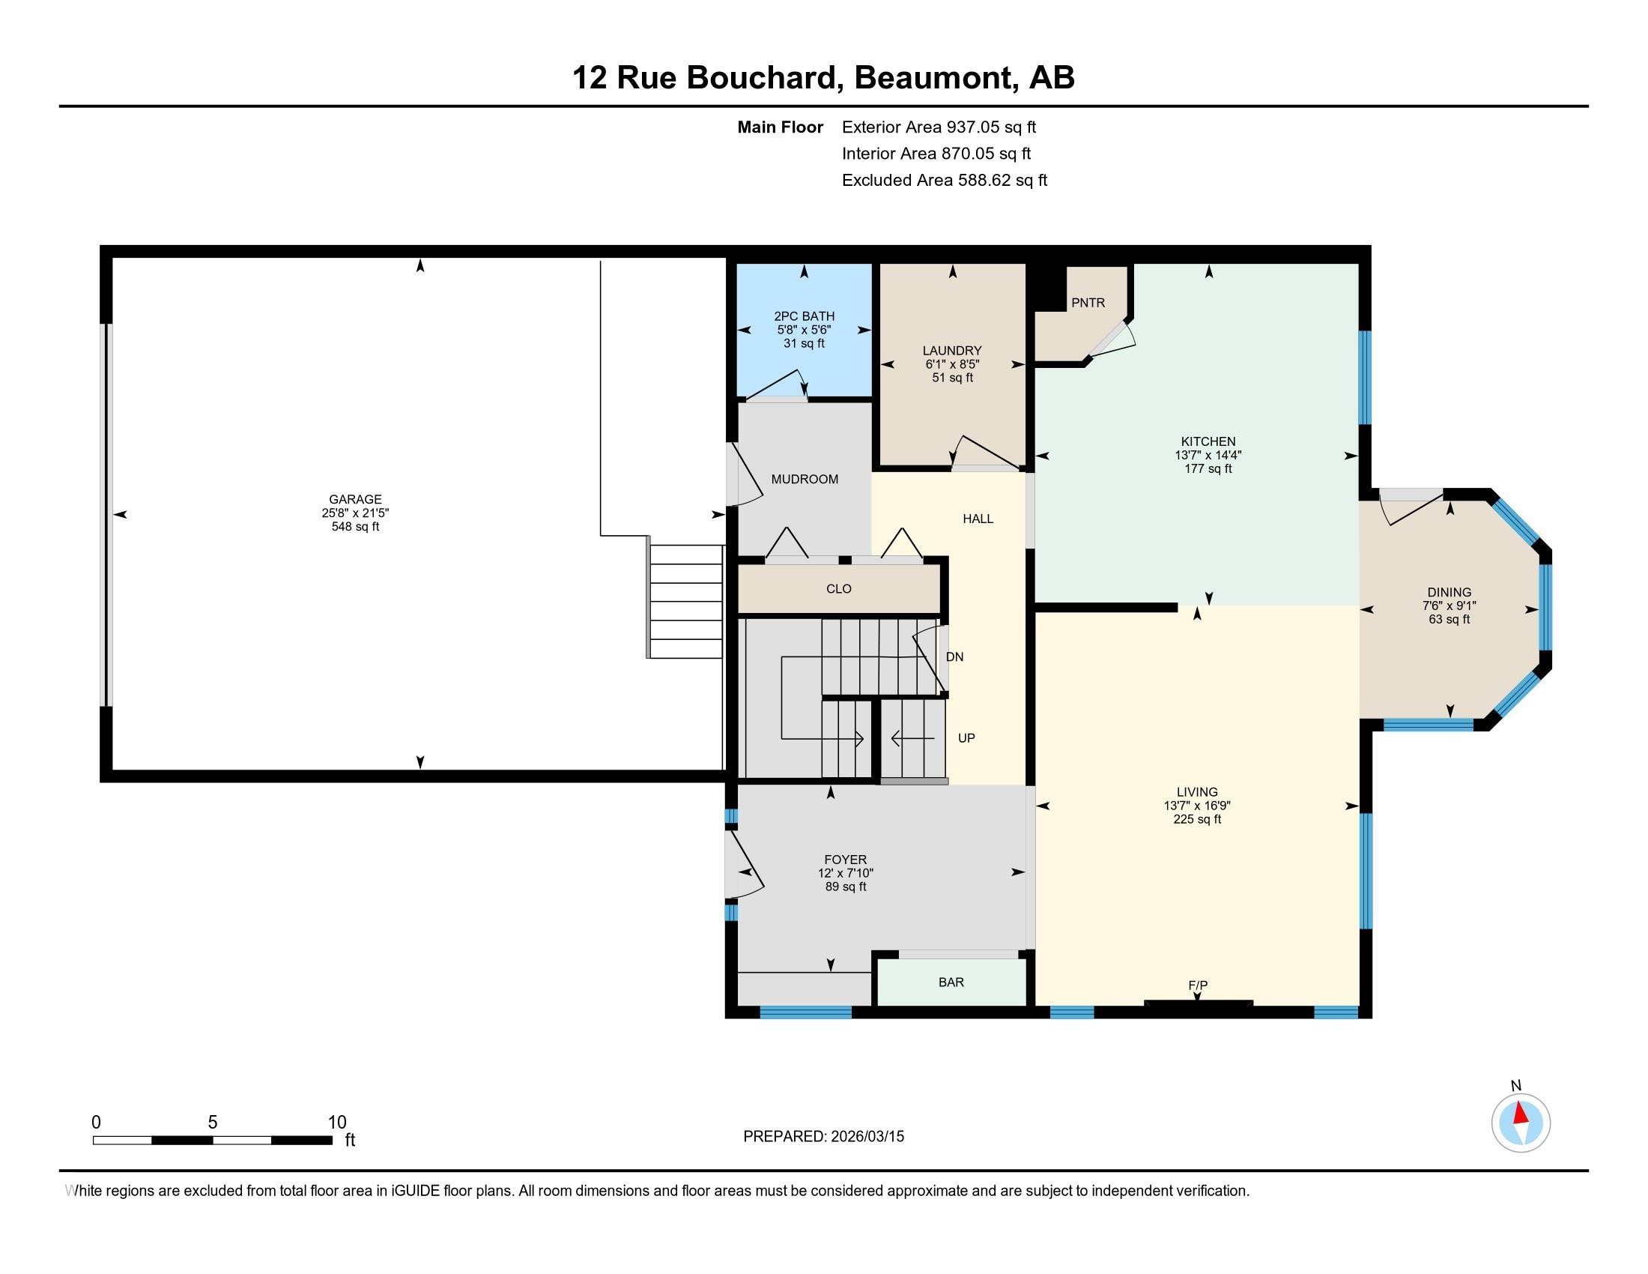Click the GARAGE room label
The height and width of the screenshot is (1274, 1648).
pos(354,499)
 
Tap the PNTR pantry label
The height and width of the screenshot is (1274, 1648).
pos(1088,303)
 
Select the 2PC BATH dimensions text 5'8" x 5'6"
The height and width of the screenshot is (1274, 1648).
pos(804,330)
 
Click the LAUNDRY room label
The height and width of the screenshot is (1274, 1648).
pos(951,350)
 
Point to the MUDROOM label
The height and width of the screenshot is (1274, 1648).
pos(805,480)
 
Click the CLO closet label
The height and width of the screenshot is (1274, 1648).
pos(838,589)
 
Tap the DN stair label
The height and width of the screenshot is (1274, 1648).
pos(954,656)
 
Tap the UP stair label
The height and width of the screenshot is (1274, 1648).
pos(966,738)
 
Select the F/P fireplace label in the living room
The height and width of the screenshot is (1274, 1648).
pos(1198,985)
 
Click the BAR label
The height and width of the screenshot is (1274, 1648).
pos(951,982)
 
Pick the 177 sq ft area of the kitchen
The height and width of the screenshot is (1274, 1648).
pos(1208,468)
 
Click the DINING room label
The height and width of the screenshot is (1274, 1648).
pos(1449,593)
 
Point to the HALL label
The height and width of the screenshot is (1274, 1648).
pos(977,519)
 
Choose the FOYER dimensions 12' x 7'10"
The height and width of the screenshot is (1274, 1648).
pos(845,873)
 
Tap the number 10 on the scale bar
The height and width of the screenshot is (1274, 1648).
pos(336,1123)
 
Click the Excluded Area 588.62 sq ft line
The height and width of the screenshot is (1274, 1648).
pos(944,181)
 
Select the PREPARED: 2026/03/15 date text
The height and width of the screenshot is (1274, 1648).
pos(823,1137)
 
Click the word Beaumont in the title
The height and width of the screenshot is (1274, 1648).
pos(932,78)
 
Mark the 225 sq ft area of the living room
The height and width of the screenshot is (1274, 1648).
pos(1197,819)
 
